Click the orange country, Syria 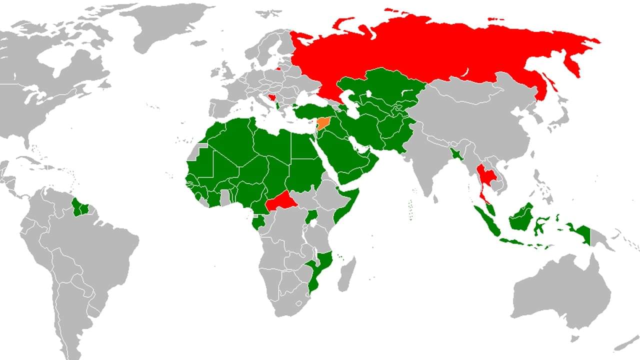click(323, 123)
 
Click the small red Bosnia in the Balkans click(271, 97)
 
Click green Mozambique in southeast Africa click(320, 270)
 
